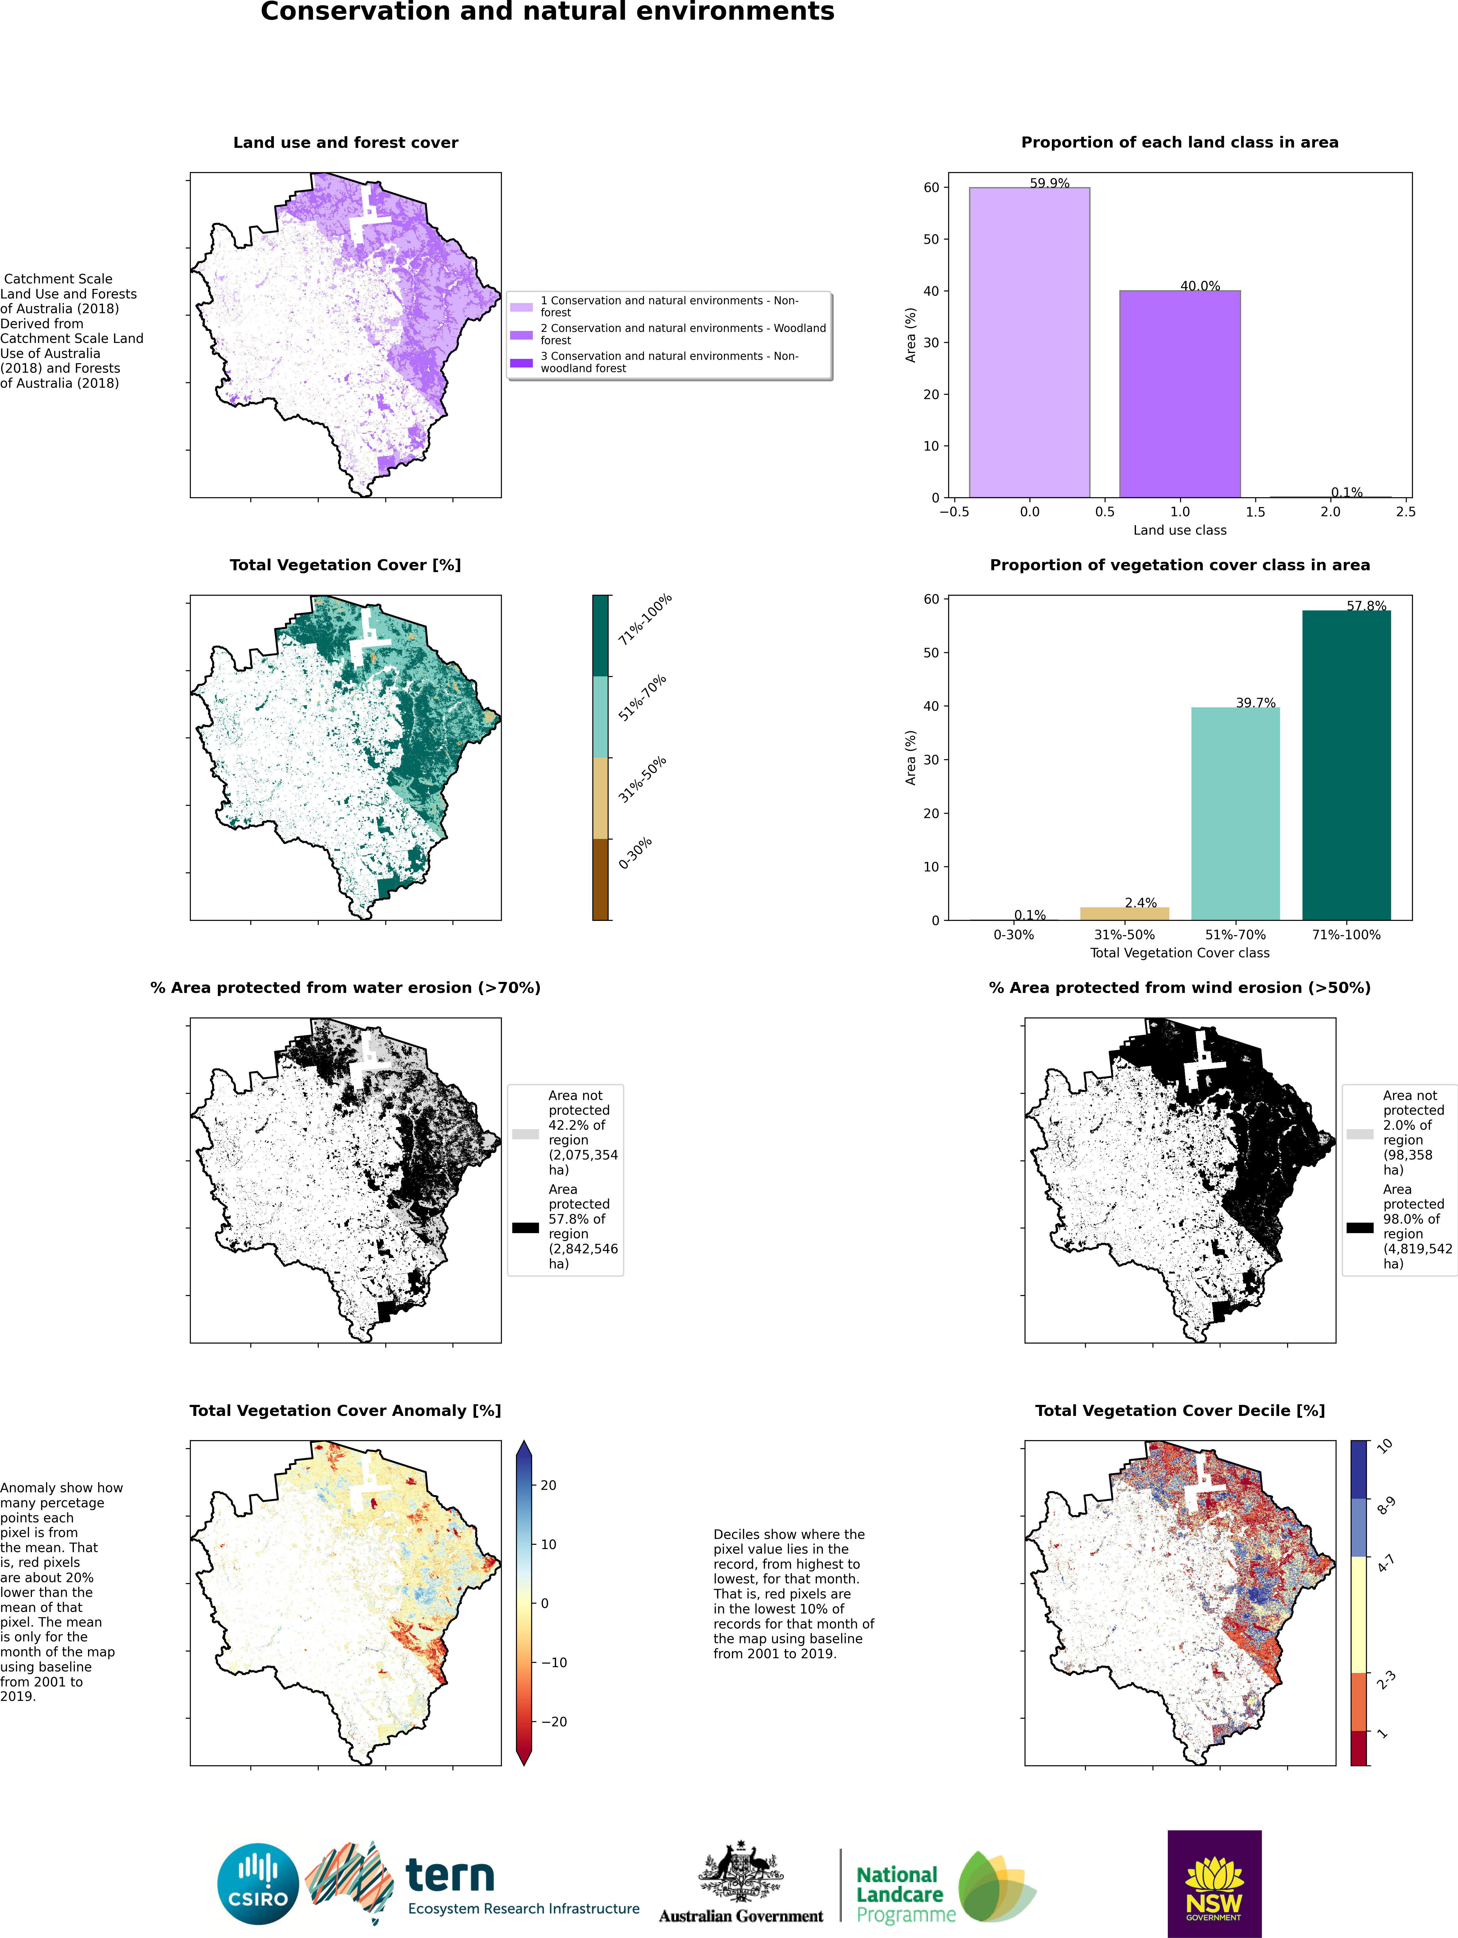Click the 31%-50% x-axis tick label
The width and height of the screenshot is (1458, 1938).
tap(1124, 935)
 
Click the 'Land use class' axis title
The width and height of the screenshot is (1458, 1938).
tap(1179, 530)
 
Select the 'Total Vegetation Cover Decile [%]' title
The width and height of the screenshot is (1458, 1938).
tap(1179, 1411)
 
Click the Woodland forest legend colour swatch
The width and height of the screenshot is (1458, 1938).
tap(521, 335)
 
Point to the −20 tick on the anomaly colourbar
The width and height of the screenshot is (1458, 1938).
tap(554, 1722)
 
